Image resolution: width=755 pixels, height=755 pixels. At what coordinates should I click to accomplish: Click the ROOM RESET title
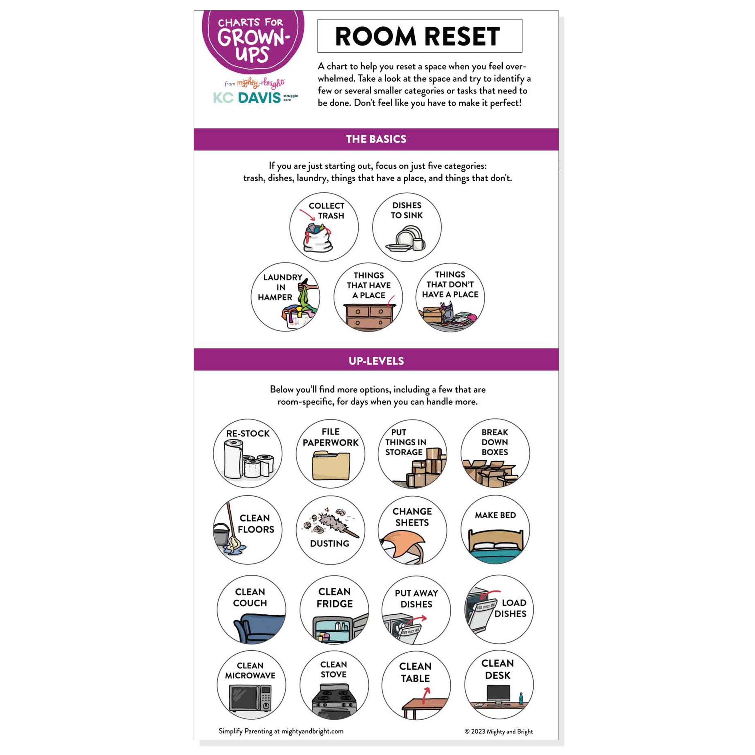click(x=417, y=36)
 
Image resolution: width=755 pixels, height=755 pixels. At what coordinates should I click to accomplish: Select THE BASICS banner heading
click(x=376, y=139)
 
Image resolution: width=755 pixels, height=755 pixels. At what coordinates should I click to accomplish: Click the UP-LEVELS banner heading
click(x=376, y=361)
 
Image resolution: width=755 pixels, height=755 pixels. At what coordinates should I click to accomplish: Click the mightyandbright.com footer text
click(x=312, y=731)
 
